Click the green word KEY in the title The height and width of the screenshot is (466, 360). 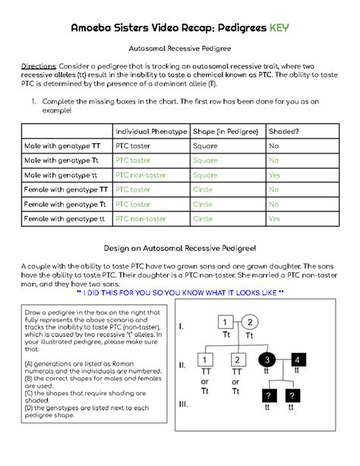coord(279,27)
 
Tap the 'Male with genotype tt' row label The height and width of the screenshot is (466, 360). coord(61,175)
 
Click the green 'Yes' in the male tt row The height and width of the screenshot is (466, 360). coord(274,175)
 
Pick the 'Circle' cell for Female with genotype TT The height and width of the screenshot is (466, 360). coord(203,189)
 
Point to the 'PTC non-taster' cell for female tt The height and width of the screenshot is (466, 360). coord(141,219)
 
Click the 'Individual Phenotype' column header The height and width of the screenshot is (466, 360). coord(151,132)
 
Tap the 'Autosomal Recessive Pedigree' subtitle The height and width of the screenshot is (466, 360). coord(180,49)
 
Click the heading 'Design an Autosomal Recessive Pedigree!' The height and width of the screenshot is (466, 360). coord(180,248)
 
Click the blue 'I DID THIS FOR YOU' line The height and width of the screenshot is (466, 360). coord(180,293)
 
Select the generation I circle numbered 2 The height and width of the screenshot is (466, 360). coord(250,322)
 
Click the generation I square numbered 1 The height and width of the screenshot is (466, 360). coord(226,322)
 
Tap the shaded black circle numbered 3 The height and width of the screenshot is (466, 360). coord(267,360)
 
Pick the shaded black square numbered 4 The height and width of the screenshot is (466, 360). coord(298,360)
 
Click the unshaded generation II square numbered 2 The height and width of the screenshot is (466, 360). coord(238,360)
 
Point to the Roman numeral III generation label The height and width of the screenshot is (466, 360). coord(184,404)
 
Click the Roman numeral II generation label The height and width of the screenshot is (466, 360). coord(182,365)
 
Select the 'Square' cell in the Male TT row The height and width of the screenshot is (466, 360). coord(205,146)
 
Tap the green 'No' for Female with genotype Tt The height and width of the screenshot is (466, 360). coord(273,204)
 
